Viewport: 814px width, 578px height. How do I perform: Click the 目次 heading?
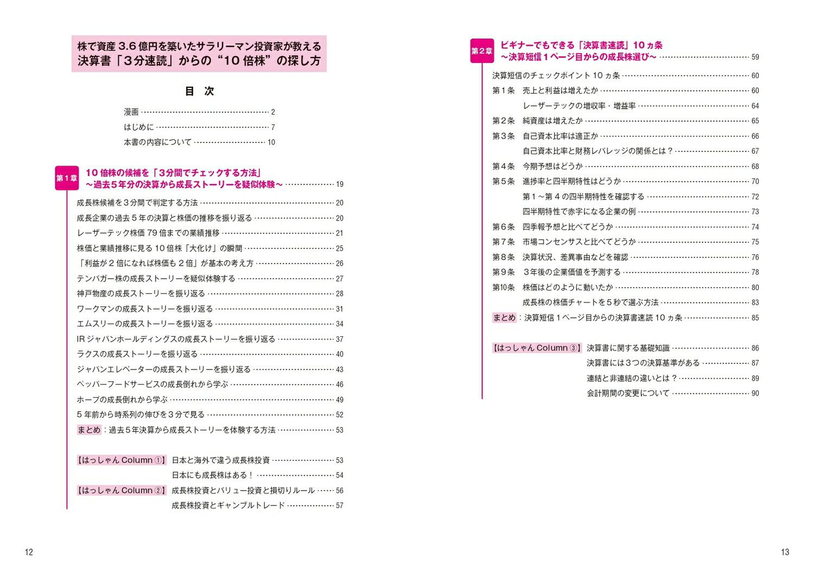tap(200, 91)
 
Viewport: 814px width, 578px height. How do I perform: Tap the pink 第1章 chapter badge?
tap(67, 178)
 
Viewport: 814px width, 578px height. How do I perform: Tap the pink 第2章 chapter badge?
tap(482, 51)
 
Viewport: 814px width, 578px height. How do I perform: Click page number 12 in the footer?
tap(29, 552)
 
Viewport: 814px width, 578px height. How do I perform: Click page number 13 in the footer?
tap(785, 552)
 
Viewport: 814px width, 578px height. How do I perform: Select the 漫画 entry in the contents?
tap(131, 112)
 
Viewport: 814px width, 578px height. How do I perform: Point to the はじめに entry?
tap(139, 127)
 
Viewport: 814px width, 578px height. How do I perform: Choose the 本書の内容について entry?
tap(157, 142)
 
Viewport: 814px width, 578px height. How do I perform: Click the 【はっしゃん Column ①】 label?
tap(122, 460)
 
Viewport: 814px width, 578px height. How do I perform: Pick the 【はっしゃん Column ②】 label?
tap(122, 491)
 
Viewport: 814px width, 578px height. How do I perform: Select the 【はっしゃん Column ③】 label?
tap(537, 348)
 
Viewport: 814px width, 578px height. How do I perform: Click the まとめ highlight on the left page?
tap(89, 430)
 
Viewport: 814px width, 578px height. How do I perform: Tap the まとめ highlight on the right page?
tap(504, 318)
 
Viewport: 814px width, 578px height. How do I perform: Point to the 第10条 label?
tap(503, 287)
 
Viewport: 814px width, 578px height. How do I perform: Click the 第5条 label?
tap(503, 181)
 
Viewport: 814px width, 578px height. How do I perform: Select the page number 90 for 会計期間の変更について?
tap(755, 393)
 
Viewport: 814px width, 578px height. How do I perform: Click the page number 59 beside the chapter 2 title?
tap(755, 57)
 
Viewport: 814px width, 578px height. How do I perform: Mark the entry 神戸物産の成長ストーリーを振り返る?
tap(141, 294)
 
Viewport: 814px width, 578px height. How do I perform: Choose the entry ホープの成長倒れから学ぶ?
tap(122, 400)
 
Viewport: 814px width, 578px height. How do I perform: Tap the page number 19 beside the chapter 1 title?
tap(339, 185)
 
